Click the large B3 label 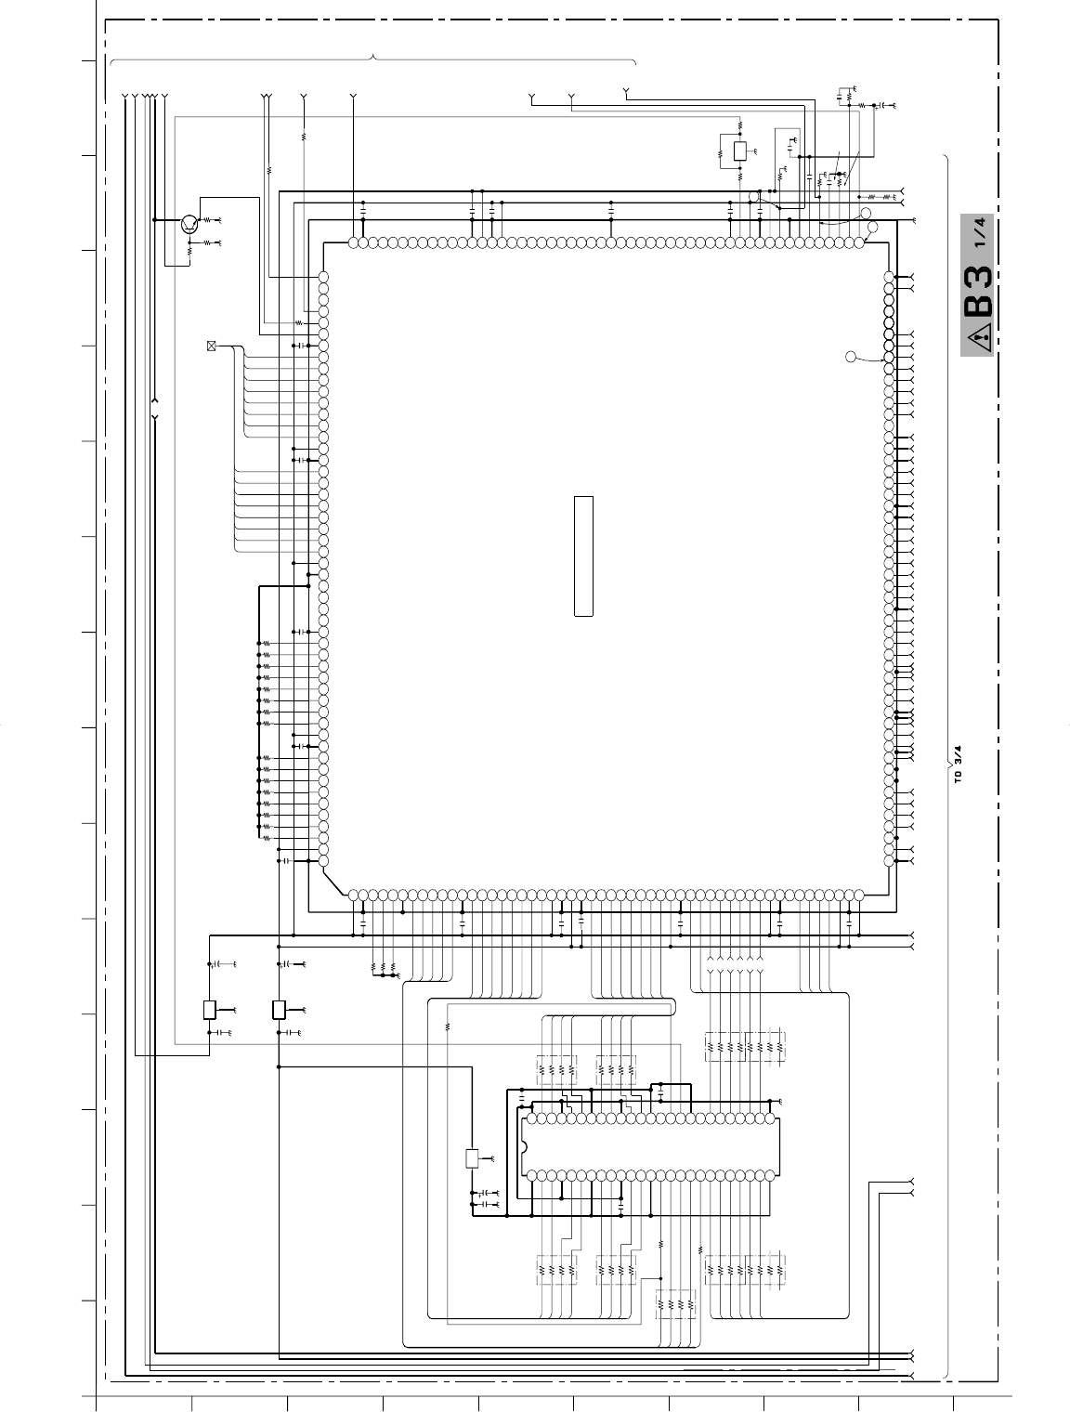pyautogui.click(x=977, y=291)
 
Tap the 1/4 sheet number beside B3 pyautogui.click(x=979, y=232)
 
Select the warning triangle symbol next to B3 pyautogui.click(x=979, y=338)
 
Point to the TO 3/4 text pyautogui.click(x=959, y=765)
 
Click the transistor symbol pyautogui.click(x=189, y=223)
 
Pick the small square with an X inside pyautogui.click(x=211, y=346)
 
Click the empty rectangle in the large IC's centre pyautogui.click(x=583, y=556)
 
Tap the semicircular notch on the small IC pyautogui.click(x=524, y=1147)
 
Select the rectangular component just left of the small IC pyautogui.click(x=472, y=1158)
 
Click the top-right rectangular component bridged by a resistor pyautogui.click(x=740, y=151)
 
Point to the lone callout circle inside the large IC pyautogui.click(x=851, y=357)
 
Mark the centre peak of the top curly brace pyautogui.click(x=373, y=58)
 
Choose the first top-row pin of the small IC pyautogui.click(x=532, y=1118)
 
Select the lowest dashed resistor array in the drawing pyautogui.click(x=676, y=1305)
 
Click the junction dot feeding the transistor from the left pyautogui.click(x=154, y=220)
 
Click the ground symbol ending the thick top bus pyautogui.click(x=914, y=220)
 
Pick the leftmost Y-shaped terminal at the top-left pyautogui.click(x=124, y=97)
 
